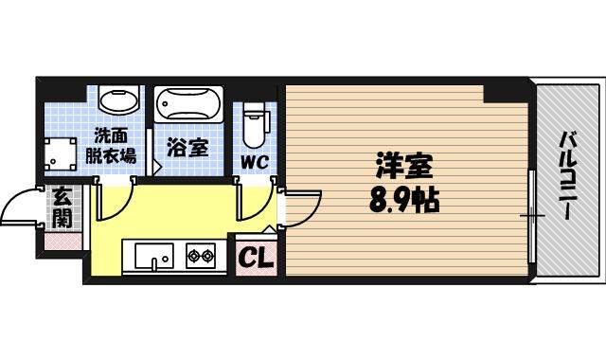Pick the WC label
(254, 161)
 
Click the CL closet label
(254, 256)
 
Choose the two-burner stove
(202, 255)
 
